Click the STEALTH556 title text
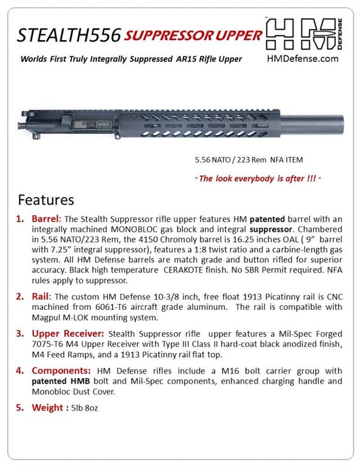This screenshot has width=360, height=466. pos(68,35)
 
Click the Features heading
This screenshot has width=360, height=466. pos(46,199)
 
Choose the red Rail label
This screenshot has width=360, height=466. pos(42,296)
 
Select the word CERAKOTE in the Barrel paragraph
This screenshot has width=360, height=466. pos(186,270)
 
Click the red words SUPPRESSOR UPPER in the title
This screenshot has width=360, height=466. pos(194,35)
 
